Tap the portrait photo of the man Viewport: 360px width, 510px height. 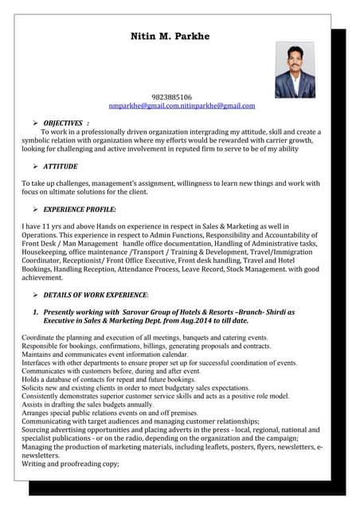[x=295, y=70]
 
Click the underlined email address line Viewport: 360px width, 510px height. [x=182, y=105]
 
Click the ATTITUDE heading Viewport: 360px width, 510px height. [x=61, y=166]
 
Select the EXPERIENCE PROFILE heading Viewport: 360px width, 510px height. [x=80, y=209]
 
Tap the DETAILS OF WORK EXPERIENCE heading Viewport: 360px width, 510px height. [x=95, y=295]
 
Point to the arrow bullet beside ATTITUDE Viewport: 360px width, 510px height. [x=36, y=166]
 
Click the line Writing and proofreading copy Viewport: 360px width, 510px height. [x=70, y=463]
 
